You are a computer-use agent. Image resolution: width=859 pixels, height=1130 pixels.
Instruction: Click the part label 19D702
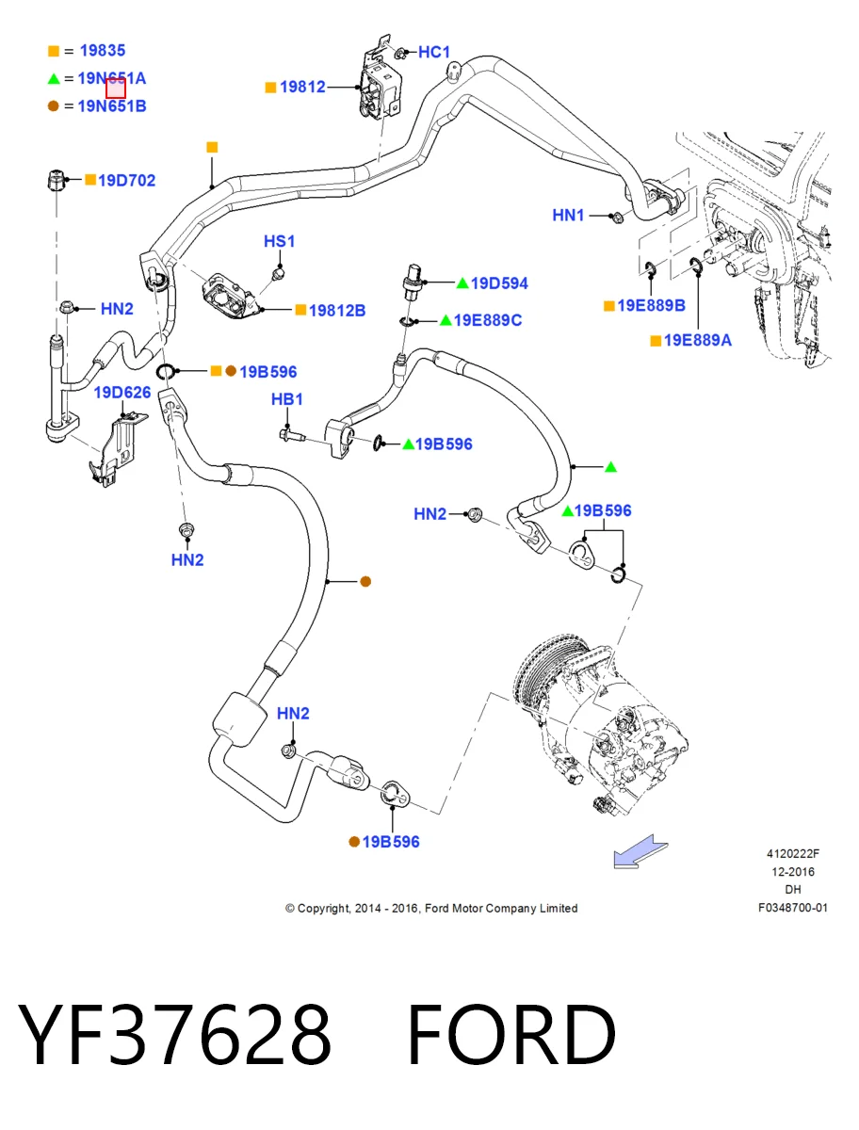(126, 180)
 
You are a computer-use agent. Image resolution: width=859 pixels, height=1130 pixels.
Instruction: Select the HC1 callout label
(434, 52)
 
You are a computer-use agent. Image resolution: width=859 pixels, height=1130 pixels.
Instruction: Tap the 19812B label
(337, 311)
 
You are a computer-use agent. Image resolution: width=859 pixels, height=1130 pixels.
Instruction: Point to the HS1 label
(279, 241)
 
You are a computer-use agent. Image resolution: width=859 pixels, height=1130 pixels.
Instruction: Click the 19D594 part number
(499, 283)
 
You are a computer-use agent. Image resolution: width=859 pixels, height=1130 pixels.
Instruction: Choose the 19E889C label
(488, 320)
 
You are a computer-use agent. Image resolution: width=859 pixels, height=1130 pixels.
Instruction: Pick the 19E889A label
(697, 340)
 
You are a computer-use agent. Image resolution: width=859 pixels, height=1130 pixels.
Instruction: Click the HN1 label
(568, 216)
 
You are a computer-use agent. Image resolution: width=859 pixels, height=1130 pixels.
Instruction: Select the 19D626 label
(122, 393)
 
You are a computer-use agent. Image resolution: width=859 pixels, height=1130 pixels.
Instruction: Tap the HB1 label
(286, 399)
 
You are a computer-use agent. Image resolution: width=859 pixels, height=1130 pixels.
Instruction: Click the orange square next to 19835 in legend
(54, 51)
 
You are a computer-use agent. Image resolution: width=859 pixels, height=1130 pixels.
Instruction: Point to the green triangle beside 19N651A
(54, 79)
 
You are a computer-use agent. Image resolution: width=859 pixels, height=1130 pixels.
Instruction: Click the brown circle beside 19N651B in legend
(54, 106)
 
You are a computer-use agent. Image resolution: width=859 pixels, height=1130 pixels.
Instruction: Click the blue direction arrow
(640, 852)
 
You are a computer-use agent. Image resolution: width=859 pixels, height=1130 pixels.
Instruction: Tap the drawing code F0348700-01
(793, 908)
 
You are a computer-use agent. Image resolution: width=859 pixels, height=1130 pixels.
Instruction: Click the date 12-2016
(793, 872)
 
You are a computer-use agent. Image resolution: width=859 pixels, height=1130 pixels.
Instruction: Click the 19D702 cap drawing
(56, 180)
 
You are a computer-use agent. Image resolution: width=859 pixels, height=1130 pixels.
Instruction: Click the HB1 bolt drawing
(292, 436)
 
